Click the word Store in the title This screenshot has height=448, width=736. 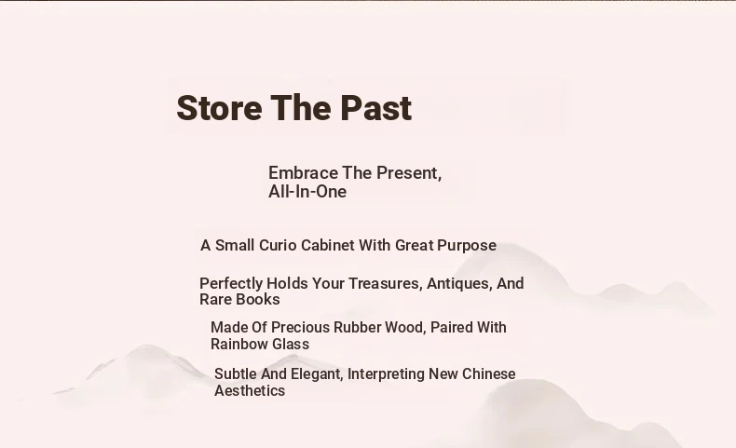219,108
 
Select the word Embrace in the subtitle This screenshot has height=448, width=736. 303,173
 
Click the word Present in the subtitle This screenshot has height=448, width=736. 409,173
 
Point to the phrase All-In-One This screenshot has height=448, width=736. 307,191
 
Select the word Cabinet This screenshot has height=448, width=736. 328,245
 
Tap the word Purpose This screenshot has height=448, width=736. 467,246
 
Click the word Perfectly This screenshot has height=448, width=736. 231,284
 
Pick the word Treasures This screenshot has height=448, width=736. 385,284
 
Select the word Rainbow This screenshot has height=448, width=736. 239,345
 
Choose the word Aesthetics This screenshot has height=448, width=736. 250,391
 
